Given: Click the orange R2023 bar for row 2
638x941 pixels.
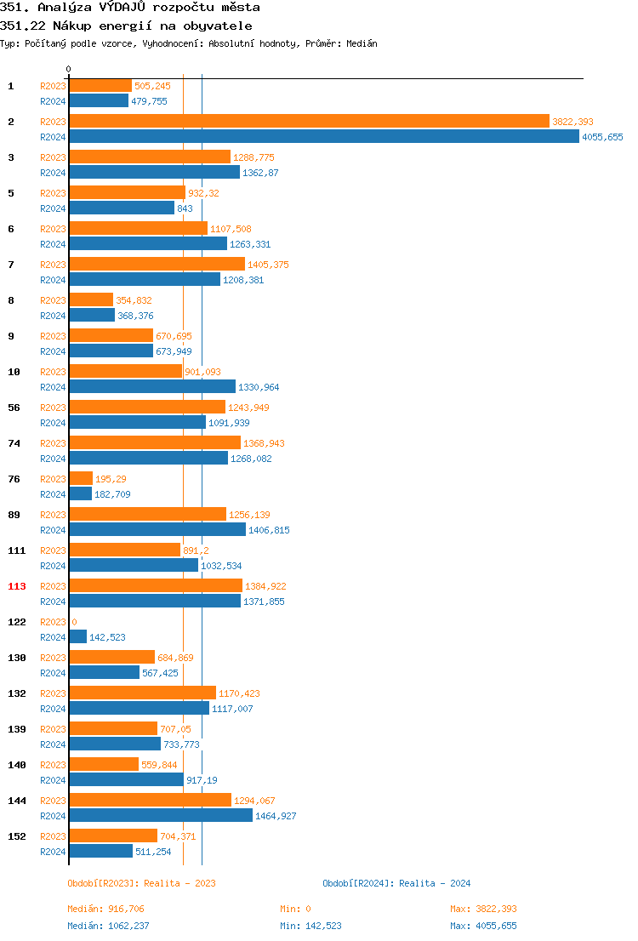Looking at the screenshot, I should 309,121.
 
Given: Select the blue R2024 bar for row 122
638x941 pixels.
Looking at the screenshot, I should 77,636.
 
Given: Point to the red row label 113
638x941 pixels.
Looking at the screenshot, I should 17,586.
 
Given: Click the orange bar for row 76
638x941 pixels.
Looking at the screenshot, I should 81,478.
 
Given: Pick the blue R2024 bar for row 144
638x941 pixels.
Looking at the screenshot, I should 161,815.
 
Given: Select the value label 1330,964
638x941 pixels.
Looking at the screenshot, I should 259,387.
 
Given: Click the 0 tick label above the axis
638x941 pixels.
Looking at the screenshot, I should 69,69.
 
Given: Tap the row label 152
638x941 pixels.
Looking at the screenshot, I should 17,836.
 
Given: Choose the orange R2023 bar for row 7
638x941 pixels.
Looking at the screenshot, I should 157,264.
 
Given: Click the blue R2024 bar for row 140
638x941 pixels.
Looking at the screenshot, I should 126,779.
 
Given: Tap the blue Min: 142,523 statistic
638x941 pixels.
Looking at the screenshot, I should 310,926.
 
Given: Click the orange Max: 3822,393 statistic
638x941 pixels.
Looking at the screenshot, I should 483,909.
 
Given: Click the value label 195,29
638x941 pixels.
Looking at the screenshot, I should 111,479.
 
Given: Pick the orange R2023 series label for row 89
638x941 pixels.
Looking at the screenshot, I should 53,515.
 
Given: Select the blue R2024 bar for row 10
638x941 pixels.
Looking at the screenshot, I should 152,386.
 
